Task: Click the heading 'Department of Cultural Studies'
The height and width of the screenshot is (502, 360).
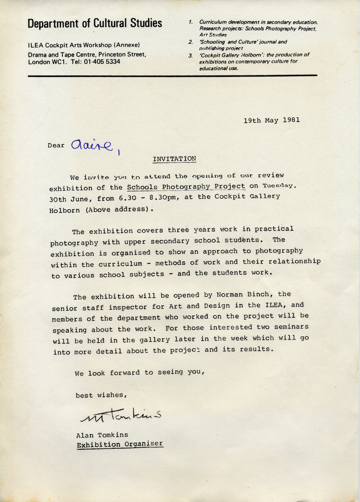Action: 95,23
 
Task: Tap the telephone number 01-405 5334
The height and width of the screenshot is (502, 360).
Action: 102,62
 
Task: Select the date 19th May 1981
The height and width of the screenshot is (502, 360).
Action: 272,120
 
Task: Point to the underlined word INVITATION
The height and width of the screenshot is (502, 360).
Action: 174,159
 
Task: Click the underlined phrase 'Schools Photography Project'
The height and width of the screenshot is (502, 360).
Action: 186,186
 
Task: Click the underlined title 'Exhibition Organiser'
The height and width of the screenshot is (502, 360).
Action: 119,444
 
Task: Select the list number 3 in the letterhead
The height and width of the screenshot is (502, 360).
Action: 191,55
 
